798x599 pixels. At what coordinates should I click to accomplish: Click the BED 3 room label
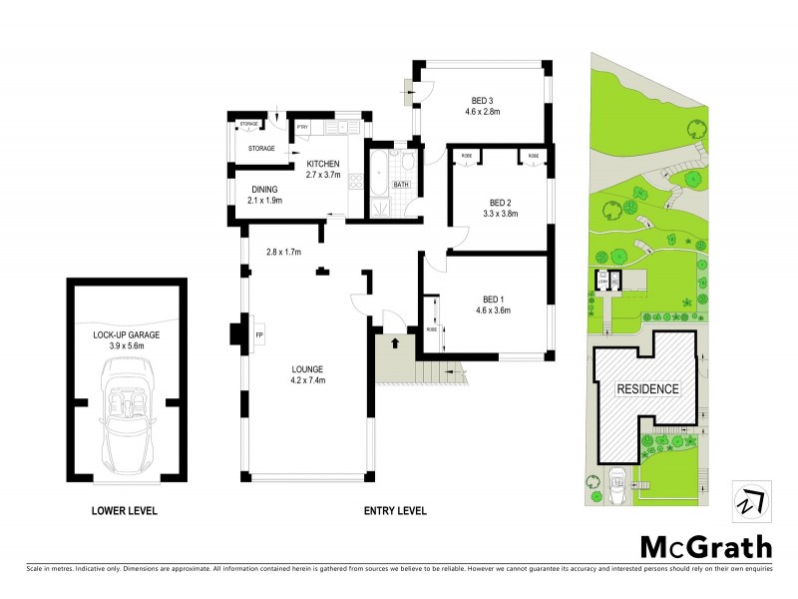[x=483, y=99]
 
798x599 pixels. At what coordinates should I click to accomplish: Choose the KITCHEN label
[x=323, y=163]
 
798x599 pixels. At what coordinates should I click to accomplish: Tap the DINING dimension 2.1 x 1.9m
[x=265, y=200]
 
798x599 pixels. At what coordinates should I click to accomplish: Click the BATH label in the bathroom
[x=401, y=185]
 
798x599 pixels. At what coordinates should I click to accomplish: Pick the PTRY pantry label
[x=303, y=128]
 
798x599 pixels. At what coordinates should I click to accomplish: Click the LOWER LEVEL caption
[x=125, y=511]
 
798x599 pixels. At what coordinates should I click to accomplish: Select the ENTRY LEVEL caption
[x=394, y=511]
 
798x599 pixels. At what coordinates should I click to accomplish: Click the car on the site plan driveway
[x=617, y=483]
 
